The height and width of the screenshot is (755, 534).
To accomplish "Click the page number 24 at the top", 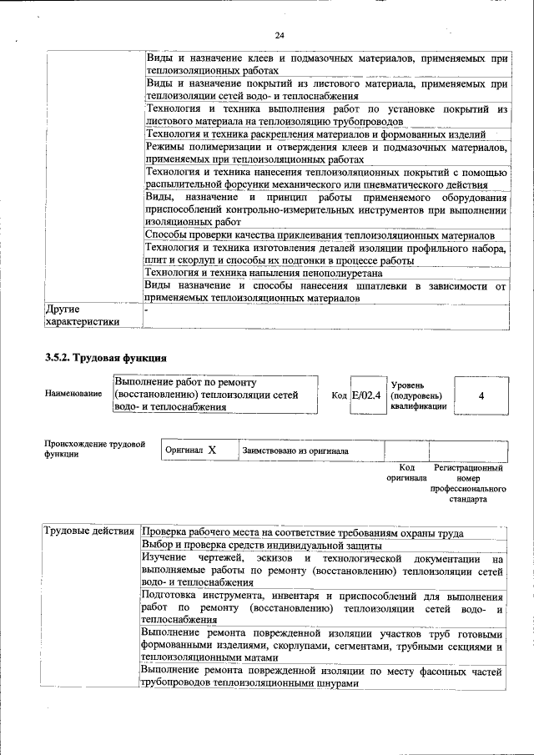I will [x=280, y=34].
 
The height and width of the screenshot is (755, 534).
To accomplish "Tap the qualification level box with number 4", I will [x=481, y=395].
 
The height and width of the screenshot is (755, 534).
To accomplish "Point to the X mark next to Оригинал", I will [x=212, y=450].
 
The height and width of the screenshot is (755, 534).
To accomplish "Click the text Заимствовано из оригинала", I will [x=295, y=450].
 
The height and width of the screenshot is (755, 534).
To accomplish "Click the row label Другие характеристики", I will [x=82, y=315].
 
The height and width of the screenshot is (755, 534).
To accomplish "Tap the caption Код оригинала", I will [x=406, y=474].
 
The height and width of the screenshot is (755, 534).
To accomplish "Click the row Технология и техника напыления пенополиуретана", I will [x=264, y=272].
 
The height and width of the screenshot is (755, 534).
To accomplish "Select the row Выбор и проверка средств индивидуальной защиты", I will [x=261, y=546].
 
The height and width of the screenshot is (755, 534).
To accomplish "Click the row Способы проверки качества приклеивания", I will [x=320, y=235].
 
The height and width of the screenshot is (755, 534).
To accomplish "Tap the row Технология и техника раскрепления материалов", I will [x=315, y=134].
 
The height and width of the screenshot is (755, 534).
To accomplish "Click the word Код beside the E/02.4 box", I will [x=339, y=395].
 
